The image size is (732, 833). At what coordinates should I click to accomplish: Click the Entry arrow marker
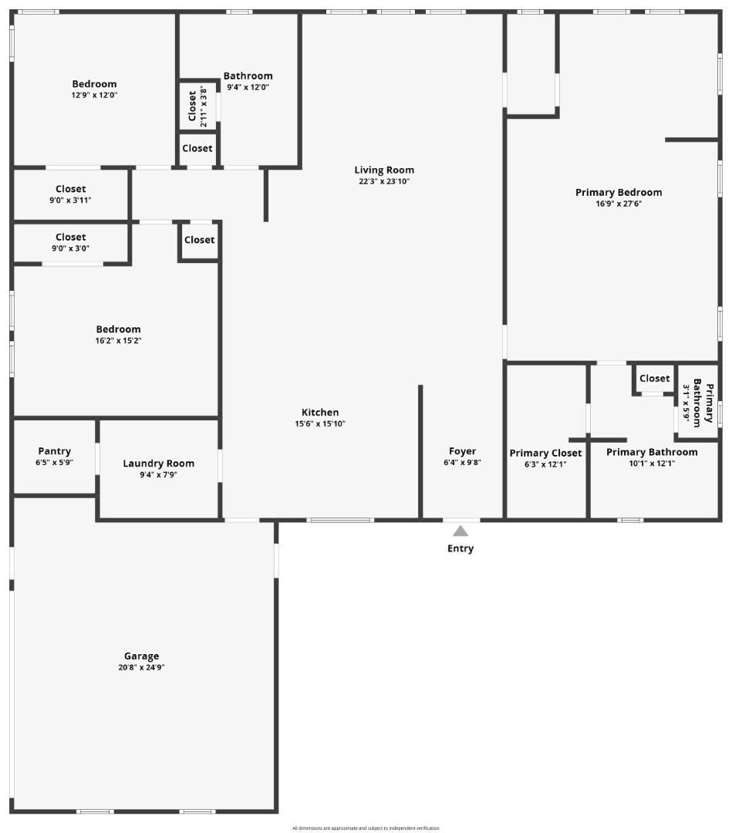point(460,531)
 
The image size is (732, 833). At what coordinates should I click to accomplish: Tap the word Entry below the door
point(460,549)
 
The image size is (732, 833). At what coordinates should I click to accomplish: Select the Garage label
point(142,656)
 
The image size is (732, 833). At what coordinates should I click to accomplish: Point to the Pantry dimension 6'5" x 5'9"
point(54,463)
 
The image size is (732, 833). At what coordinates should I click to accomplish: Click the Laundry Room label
point(159,464)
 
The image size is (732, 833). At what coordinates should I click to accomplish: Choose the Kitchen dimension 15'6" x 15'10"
point(320,423)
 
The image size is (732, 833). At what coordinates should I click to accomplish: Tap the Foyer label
point(463,451)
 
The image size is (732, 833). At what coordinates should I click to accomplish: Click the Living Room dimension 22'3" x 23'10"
point(384,181)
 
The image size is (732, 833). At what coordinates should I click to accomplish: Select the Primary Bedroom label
point(619,193)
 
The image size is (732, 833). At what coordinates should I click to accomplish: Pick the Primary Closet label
point(545,454)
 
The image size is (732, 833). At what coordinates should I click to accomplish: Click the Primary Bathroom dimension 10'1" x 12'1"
point(652,464)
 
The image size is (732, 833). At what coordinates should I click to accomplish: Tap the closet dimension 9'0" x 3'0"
point(71,248)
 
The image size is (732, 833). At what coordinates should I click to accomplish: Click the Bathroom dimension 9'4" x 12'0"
point(248,87)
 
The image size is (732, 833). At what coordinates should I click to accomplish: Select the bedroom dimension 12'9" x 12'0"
point(94,95)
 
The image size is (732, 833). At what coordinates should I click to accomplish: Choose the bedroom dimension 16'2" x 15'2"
point(118,340)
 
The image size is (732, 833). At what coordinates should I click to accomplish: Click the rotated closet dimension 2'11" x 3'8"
point(204,108)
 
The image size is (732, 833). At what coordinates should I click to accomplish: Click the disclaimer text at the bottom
point(366,828)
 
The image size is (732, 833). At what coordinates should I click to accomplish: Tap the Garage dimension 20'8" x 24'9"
point(142,668)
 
